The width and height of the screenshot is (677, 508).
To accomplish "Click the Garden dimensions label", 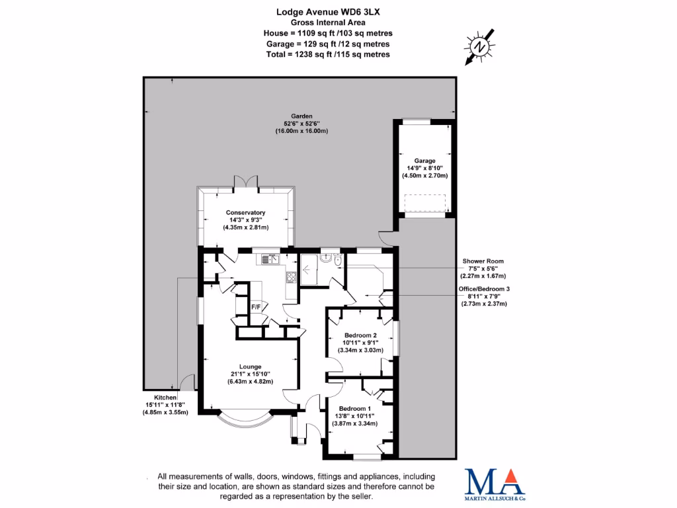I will tap(301, 123).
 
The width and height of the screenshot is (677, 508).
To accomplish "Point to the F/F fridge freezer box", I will tap(255, 307).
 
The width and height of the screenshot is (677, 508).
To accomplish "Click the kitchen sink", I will tap(271, 259).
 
